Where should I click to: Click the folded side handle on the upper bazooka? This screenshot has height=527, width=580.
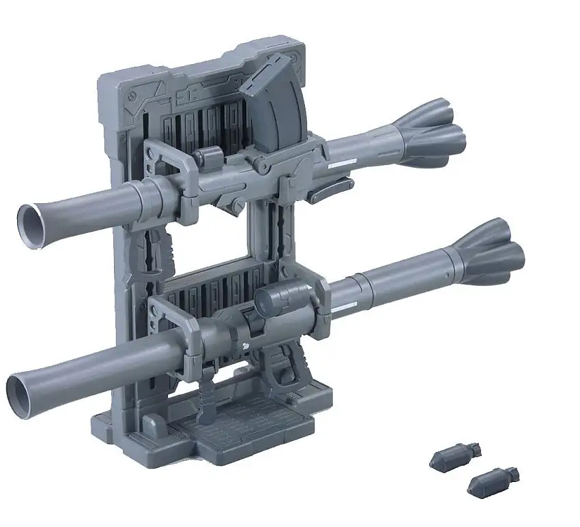coord(325,195)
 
